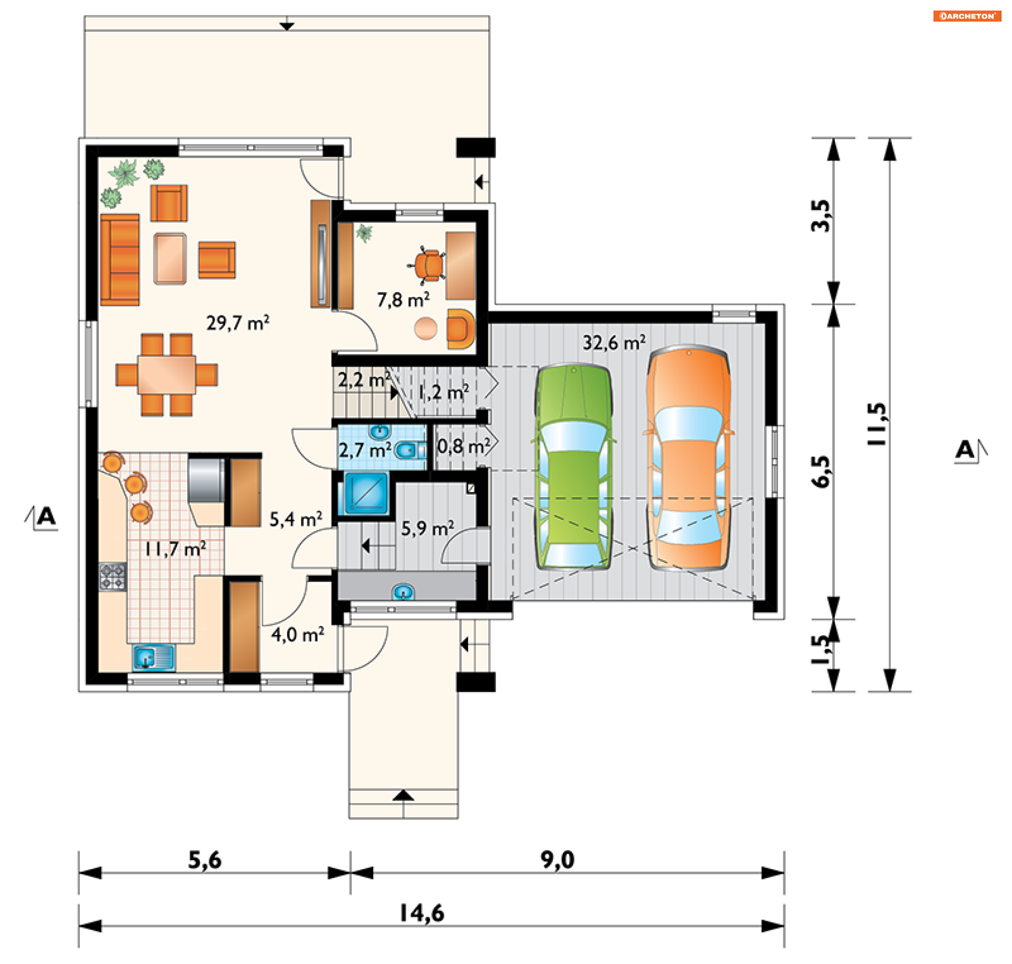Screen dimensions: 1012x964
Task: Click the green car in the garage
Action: coord(573,466)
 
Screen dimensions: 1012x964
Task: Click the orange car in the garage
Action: coord(688,458)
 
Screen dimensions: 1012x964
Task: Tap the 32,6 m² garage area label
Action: coord(614,343)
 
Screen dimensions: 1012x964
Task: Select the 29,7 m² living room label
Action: coord(238,323)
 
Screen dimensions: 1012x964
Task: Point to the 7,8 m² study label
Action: coord(403,299)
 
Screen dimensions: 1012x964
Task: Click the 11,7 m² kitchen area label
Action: coord(176,549)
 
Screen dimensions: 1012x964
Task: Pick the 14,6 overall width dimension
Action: coord(422,913)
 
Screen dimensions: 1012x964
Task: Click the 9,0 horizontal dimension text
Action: coord(557,860)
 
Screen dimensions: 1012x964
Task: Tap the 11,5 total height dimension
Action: coord(878,424)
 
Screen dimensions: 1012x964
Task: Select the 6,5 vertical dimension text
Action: coord(821,471)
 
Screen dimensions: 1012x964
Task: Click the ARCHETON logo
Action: coord(967,16)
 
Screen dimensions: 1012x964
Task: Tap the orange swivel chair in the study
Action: coord(428,265)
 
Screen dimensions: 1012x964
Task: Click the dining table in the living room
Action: coord(167,375)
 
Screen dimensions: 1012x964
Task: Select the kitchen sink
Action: coord(154,658)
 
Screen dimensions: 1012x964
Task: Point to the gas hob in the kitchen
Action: coord(113,577)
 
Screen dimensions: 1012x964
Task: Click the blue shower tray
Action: coord(367,493)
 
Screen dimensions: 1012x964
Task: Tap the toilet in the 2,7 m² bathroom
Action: coord(410,451)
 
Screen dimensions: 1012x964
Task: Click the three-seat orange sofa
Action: coord(120,259)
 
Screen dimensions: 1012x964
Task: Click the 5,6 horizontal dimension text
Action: coord(205,860)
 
